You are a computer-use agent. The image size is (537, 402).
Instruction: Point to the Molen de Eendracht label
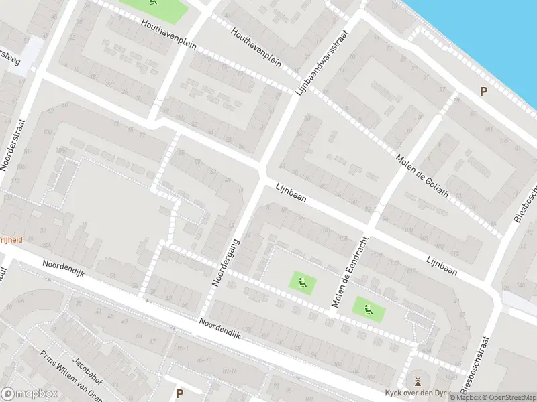click(350, 272)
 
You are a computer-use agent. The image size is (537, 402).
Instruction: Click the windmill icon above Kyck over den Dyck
click(418, 381)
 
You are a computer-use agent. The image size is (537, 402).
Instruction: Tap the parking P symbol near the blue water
click(483, 91)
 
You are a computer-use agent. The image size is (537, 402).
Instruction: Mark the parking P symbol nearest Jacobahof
click(179, 393)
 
